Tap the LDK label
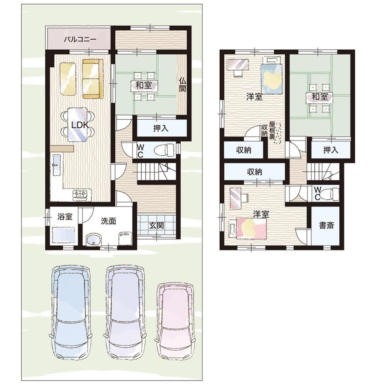[x=80, y=125]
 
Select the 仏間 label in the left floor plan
[x=182, y=84]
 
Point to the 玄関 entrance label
[x=156, y=225]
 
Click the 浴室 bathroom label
[x=65, y=217]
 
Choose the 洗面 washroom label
[x=108, y=221]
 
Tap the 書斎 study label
[x=326, y=225]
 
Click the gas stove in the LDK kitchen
[x=80, y=194]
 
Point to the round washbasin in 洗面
[x=93, y=239]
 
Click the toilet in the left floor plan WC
[x=164, y=150]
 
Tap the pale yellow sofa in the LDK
[x=68, y=78]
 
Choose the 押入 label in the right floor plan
[x=331, y=150]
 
